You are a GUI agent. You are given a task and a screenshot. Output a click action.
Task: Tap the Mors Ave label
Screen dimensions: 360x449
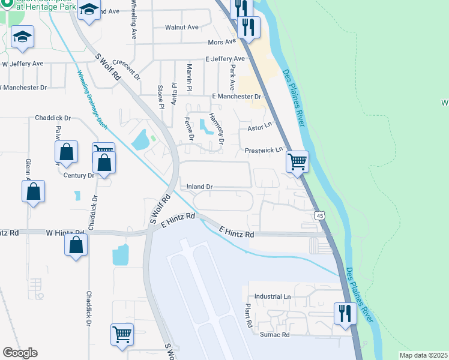pyautogui.click(x=221, y=43)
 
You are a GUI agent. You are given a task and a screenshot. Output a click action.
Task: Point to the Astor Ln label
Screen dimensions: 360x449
pyautogui.click(x=260, y=128)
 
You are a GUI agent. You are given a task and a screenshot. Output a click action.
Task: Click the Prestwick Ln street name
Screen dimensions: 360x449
pyautogui.click(x=263, y=150)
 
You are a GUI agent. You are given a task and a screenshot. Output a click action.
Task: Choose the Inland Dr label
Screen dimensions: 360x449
pyautogui.click(x=200, y=187)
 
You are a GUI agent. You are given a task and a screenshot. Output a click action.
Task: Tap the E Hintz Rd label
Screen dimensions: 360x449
pyautogui.click(x=237, y=232)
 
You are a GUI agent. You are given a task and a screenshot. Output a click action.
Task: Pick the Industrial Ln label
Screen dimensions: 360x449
pyautogui.click(x=273, y=297)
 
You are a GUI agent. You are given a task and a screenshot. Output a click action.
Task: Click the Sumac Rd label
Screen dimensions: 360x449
pyautogui.click(x=274, y=335)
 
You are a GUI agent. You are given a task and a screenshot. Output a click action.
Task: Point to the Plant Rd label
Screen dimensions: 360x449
pyautogui.click(x=247, y=315)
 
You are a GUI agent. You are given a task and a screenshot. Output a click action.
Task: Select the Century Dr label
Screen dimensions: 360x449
pyautogui.click(x=79, y=176)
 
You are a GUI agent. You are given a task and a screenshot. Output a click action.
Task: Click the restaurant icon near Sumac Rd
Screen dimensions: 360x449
pyautogui.click(x=345, y=313)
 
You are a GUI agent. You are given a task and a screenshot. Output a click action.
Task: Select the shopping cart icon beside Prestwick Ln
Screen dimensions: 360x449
pyautogui.click(x=297, y=161)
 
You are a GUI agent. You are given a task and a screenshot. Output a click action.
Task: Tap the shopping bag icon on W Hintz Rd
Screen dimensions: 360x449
pyautogui.click(x=76, y=244)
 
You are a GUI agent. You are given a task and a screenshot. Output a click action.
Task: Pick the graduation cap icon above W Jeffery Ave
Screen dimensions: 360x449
pyautogui.click(x=22, y=37)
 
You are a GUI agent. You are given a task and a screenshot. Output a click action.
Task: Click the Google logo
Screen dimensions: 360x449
pyautogui.click(x=20, y=353)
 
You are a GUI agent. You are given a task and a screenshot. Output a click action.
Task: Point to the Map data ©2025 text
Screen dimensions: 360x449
pyautogui.click(x=423, y=355)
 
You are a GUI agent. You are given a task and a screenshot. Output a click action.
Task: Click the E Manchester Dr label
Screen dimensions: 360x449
pyautogui.click(x=237, y=97)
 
